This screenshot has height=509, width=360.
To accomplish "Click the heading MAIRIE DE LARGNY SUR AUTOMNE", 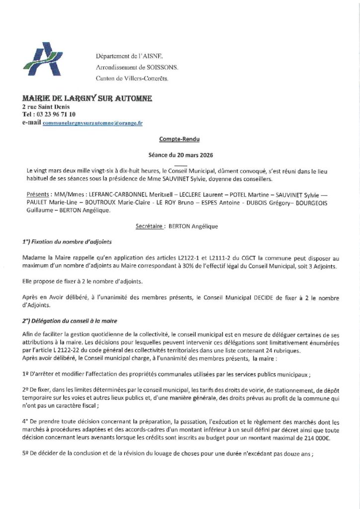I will [x=87, y=98].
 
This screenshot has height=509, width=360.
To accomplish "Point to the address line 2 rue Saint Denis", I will [x=46, y=107].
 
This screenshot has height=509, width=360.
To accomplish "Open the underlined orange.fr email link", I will [x=92, y=122].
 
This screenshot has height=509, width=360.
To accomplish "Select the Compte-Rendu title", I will [x=180, y=140].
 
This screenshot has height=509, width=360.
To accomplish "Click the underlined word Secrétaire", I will [x=151, y=226].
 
